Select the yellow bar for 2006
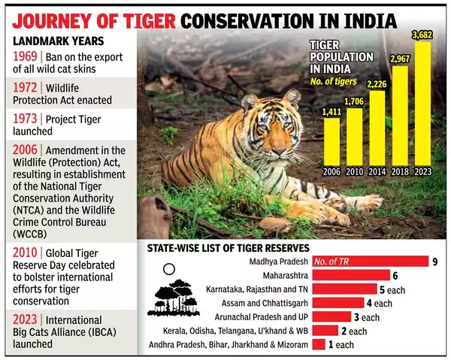[331, 143]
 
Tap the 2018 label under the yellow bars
[401, 172]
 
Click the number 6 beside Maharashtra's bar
[395, 276]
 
